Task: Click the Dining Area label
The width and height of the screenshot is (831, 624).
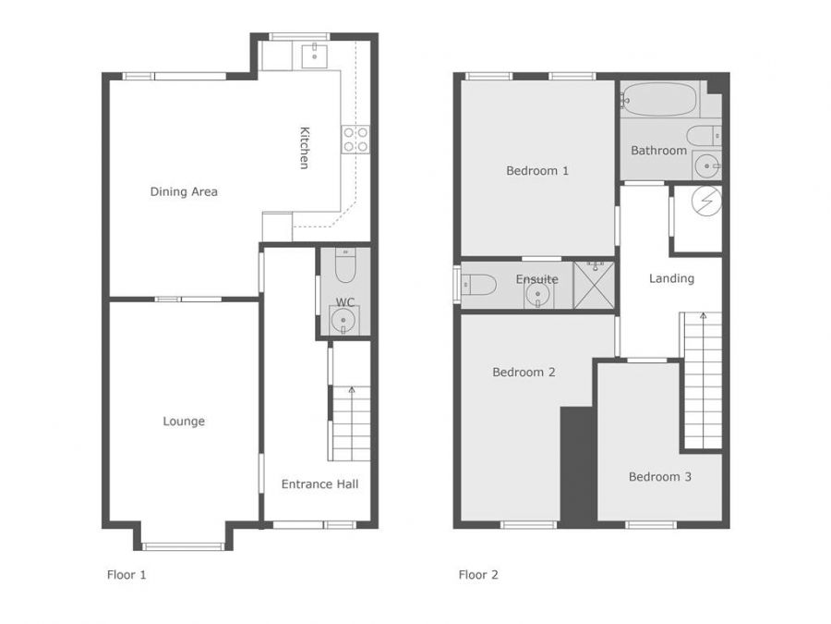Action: click(184, 191)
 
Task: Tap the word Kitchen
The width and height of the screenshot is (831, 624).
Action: click(304, 148)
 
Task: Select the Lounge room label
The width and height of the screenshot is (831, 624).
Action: click(184, 422)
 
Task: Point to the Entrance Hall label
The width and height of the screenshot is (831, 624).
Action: click(319, 483)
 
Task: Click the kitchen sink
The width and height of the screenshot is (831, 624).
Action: click(314, 56)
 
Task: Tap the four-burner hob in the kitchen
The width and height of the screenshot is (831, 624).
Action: click(355, 139)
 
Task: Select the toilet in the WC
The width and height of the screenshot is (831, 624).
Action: click(345, 265)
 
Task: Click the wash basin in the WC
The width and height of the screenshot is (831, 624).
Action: click(343, 321)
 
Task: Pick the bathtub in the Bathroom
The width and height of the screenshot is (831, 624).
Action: click(658, 99)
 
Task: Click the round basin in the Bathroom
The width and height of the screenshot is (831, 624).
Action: click(707, 166)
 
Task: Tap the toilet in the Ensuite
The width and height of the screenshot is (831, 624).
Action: click(478, 285)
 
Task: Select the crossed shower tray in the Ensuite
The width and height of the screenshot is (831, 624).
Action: click(594, 285)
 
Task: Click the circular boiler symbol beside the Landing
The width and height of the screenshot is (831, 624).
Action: click(706, 202)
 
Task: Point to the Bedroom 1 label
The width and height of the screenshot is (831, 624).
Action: click(537, 171)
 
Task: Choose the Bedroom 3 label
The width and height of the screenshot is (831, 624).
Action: click(660, 476)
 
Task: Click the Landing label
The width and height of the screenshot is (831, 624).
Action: click(671, 278)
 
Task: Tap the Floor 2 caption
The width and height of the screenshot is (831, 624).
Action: click(478, 575)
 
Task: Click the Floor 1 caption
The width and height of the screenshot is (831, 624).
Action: click(126, 575)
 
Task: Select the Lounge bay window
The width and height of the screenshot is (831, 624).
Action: click(184, 546)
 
